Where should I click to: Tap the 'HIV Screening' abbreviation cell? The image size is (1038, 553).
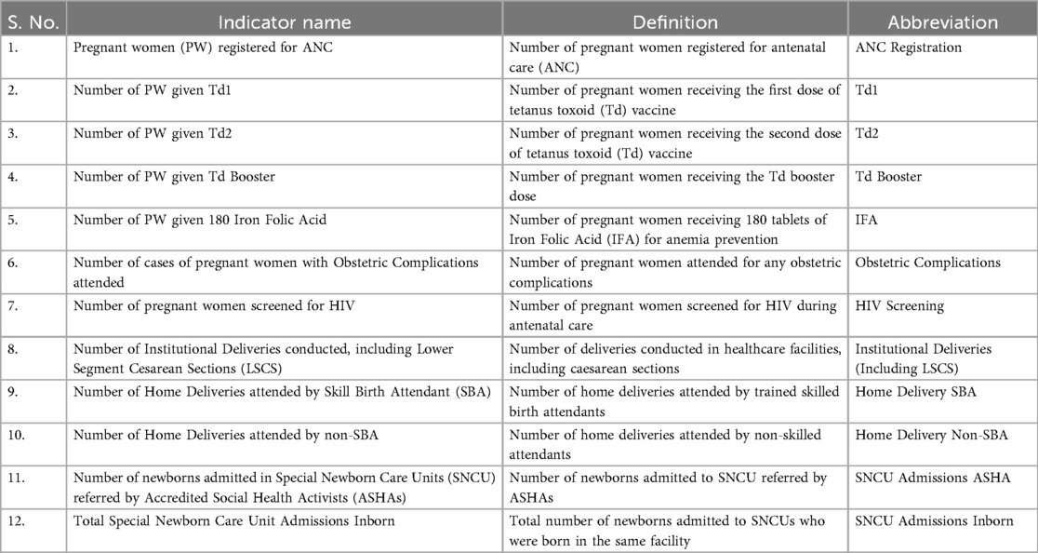point(899,305)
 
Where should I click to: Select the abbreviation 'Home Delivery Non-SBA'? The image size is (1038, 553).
point(931,435)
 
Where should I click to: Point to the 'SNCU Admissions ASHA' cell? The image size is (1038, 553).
point(931,478)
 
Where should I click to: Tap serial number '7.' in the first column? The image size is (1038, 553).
point(12,305)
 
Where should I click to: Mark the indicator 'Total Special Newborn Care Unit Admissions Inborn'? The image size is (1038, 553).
point(233,520)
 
